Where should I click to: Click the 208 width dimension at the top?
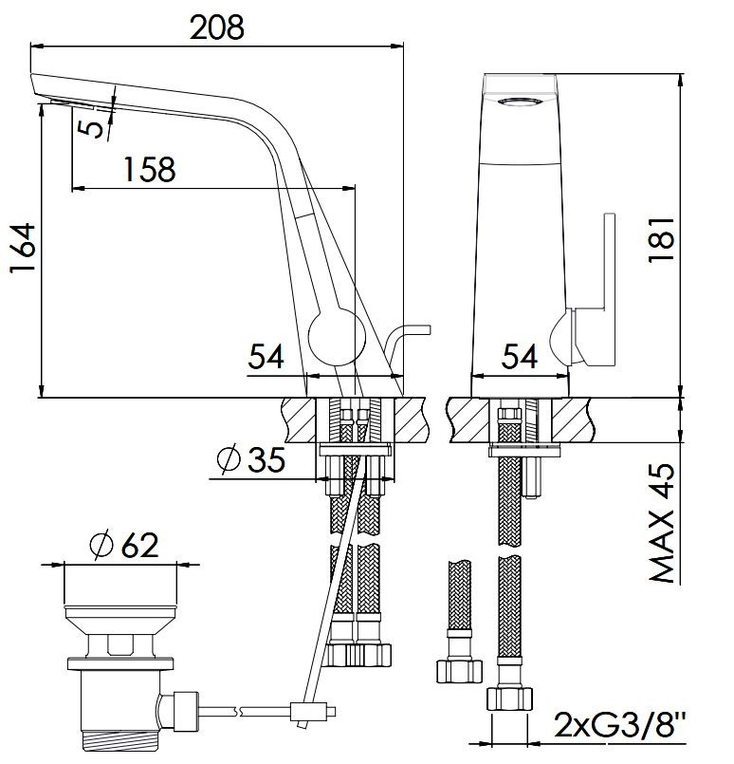click(216, 28)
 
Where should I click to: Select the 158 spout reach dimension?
click(150, 169)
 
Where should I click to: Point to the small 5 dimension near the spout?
click(92, 128)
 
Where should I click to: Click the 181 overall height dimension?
click(662, 240)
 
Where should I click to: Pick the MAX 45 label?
click(663, 523)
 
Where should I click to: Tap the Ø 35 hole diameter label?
click(251, 458)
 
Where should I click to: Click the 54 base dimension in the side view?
click(266, 356)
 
